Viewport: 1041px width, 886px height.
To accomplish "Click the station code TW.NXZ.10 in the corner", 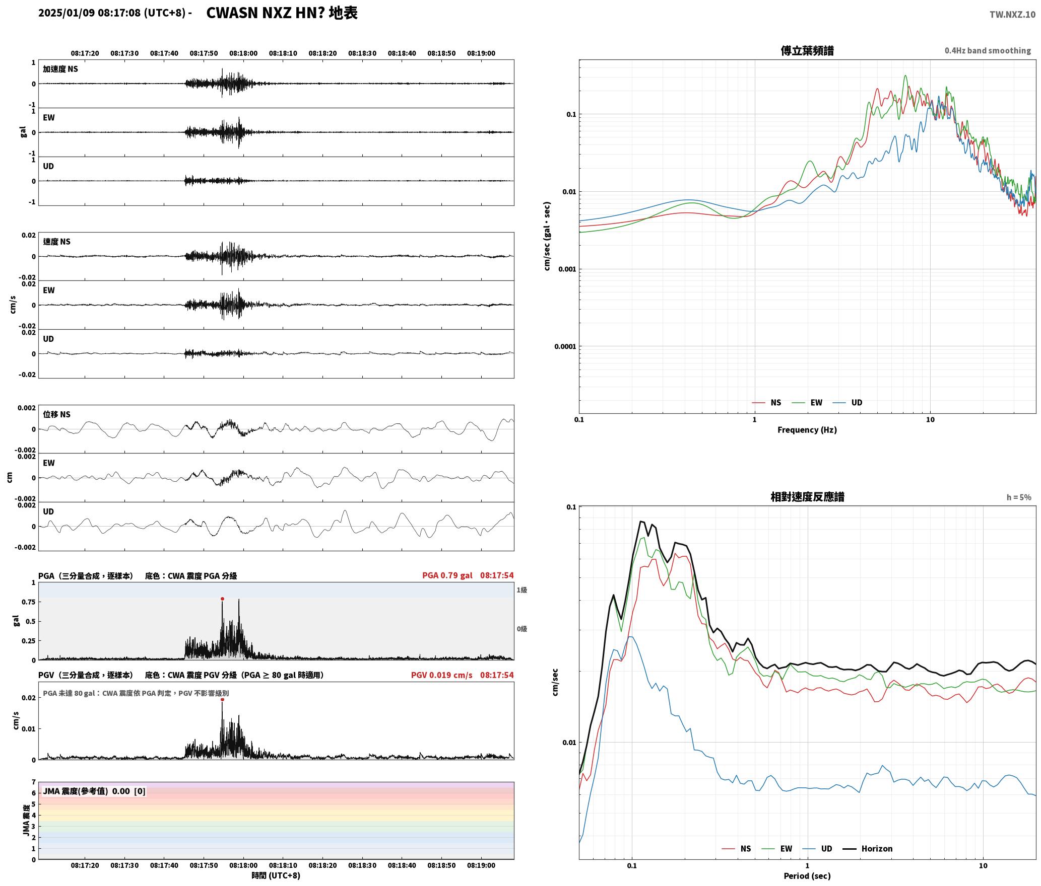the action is coord(1012,14).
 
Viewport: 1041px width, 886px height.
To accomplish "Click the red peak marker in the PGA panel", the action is coord(222,599).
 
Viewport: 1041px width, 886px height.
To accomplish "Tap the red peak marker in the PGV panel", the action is coord(222,700).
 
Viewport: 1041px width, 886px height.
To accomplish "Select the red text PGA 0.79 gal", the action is coord(447,575).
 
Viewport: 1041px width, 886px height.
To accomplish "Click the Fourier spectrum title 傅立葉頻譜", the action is coord(807,51).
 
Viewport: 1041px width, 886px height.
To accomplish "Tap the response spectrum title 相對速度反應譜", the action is coord(807,497).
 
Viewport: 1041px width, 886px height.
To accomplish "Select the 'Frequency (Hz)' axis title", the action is coord(807,430).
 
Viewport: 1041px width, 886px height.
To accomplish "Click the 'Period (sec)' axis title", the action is coord(807,876).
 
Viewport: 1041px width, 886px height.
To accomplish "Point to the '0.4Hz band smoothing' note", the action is coord(988,51).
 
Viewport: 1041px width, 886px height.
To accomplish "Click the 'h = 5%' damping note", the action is coord(1019,497).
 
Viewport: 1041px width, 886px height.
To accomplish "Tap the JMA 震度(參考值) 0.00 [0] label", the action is coord(94,791).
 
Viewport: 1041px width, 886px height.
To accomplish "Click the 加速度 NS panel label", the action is coord(60,69).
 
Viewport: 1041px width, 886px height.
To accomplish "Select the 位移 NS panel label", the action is coord(56,414).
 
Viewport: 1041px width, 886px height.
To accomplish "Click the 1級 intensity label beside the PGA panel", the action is coord(522,590).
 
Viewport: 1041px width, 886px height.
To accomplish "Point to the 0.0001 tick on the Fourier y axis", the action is coord(565,346).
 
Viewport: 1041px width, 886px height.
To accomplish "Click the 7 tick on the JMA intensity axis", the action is coord(34,782).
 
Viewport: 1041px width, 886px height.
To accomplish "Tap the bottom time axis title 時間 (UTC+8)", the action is coord(276,875).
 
